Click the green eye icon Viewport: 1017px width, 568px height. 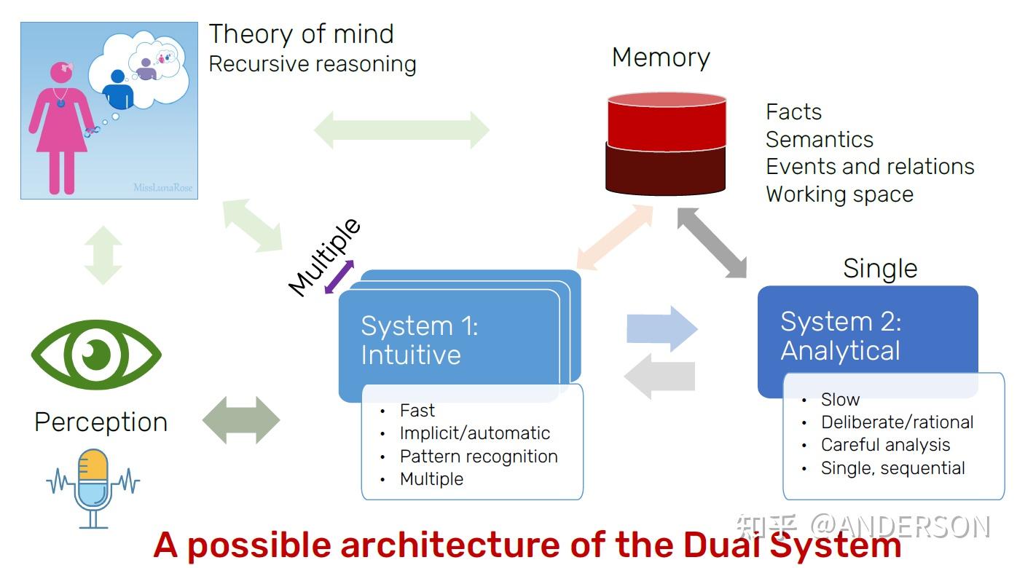pos(96,355)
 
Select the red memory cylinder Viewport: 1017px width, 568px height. pos(666,144)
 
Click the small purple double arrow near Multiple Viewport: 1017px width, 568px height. pos(339,277)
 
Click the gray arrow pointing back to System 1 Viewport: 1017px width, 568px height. pos(660,376)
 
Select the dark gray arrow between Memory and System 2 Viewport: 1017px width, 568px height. pos(712,242)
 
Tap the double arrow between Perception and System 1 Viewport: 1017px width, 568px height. pos(240,420)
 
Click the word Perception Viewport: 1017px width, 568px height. pos(101,422)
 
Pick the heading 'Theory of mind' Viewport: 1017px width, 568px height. pos(301,34)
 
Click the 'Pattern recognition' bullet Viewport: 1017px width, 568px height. pos(478,457)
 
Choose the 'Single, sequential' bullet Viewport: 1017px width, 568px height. pos(892,468)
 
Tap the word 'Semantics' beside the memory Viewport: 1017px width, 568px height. pos(819,139)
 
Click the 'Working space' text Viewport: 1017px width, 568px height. pos(839,194)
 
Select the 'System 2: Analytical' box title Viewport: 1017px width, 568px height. pos(841,336)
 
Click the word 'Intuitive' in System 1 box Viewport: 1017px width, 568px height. pos(411,355)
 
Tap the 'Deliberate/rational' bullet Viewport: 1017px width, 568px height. pos(897,422)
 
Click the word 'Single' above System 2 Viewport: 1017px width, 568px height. pos(879,269)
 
